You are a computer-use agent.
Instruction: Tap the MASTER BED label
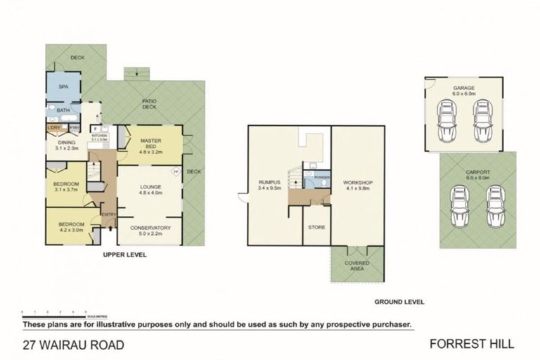[151, 141]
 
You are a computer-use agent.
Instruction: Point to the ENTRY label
[108, 214]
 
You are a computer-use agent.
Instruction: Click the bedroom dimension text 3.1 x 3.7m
[67, 190]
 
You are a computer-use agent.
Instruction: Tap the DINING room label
[66, 142]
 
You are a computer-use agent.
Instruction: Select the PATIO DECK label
[149, 104]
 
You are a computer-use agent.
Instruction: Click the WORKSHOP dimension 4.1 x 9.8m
[357, 188]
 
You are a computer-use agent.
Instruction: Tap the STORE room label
[316, 226]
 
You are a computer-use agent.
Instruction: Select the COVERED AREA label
[357, 265]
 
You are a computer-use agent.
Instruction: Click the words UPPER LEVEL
[124, 255]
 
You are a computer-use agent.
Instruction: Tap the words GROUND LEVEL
[399, 302]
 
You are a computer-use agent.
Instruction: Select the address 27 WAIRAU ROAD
[73, 345]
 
